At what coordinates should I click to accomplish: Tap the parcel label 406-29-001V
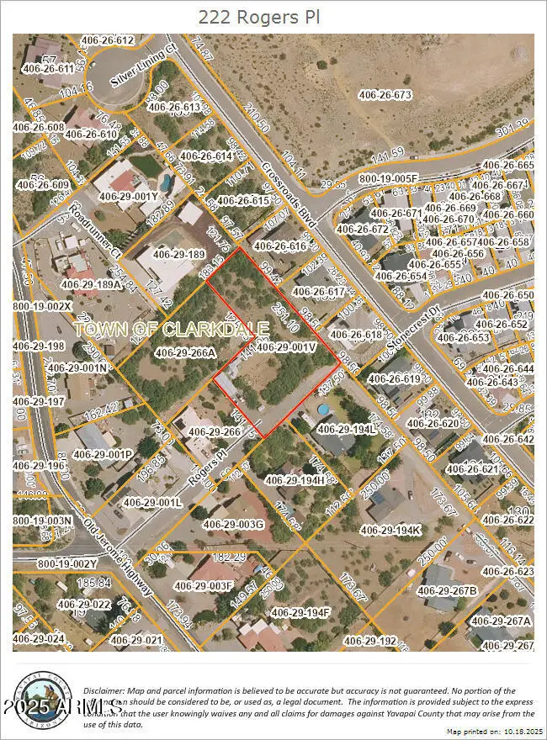pos(285,346)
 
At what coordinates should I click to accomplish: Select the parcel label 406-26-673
pos(376,95)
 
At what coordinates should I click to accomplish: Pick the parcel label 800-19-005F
pos(388,178)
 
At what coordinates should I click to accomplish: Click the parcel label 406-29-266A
pos(186,352)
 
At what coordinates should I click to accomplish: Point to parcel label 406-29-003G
pos(233,525)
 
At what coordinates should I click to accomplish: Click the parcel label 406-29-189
pos(179,254)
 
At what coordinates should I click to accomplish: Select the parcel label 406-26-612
pos(107,40)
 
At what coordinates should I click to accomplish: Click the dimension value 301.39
pos(514,125)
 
